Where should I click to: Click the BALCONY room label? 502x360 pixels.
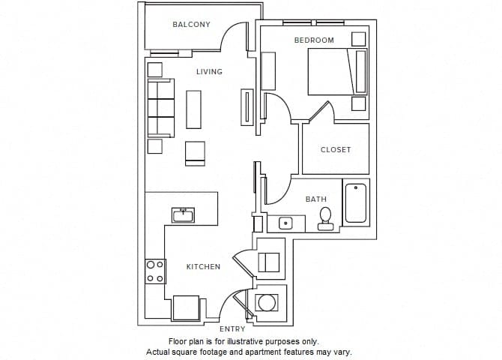[x=191, y=24]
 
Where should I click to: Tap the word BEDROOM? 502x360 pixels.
[x=314, y=40]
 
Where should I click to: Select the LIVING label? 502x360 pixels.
[x=209, y=71]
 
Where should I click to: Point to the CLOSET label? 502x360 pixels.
[x=336, y=150]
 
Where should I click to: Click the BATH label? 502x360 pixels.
[x=316, y=199]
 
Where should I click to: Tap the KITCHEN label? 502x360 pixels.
[x=203, y=267]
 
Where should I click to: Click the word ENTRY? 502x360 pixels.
[x=232, y=329]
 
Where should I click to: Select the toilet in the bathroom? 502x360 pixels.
[x=326, y=219]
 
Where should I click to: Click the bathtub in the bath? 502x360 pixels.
[x=356, y=203]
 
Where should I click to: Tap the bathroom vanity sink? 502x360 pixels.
[x=285, y=223]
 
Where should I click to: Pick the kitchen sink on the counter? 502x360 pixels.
[x=183, y=215]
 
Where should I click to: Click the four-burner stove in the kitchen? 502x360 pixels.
[x=155, y=271]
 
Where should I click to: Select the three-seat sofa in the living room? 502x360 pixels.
[x=161, y=108]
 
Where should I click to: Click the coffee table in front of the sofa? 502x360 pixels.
[x=194, y=109]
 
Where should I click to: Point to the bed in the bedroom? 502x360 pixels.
[x=337, y=72]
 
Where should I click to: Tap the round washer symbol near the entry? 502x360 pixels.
[x=267, y=302]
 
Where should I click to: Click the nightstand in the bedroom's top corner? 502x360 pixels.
[x=359, y=39]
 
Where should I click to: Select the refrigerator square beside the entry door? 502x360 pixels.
[x=186, y=308]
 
